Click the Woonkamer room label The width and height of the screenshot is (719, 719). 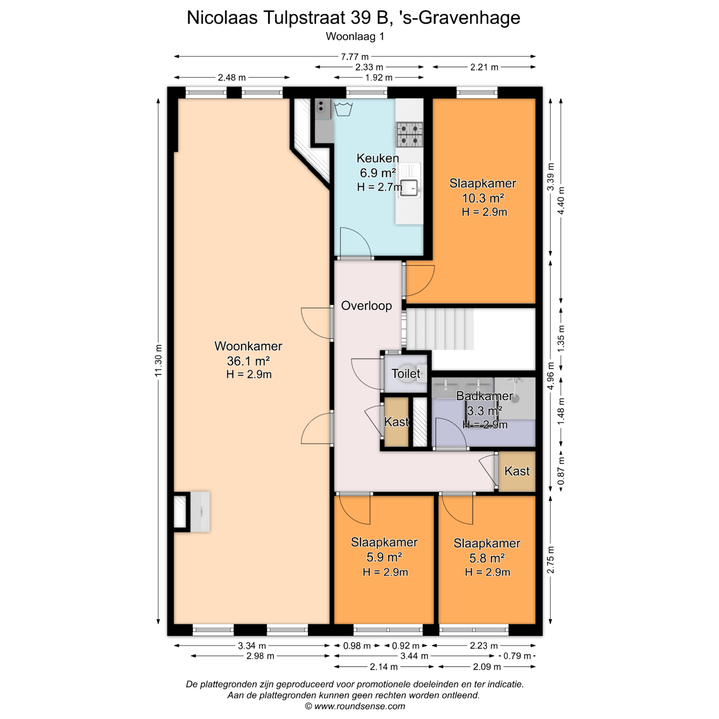248,346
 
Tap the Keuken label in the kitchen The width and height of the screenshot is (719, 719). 377,158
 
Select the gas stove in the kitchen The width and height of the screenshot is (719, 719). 409,134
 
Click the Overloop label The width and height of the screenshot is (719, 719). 366,306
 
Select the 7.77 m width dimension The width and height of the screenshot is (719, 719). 354,57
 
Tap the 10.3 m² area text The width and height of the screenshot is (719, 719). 483,198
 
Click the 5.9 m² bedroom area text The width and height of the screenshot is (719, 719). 384,557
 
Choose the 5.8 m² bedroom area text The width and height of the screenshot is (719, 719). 487,558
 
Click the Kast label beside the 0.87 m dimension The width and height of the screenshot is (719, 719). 517,471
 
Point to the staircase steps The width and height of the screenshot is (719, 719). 440,329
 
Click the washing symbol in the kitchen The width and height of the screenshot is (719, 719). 343,109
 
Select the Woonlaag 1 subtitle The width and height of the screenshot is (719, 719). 355,36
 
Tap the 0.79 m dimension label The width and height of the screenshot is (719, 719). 517,656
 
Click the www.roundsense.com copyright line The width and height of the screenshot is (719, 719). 355,706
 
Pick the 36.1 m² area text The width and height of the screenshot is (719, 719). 248,361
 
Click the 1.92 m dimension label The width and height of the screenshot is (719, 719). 379,78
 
